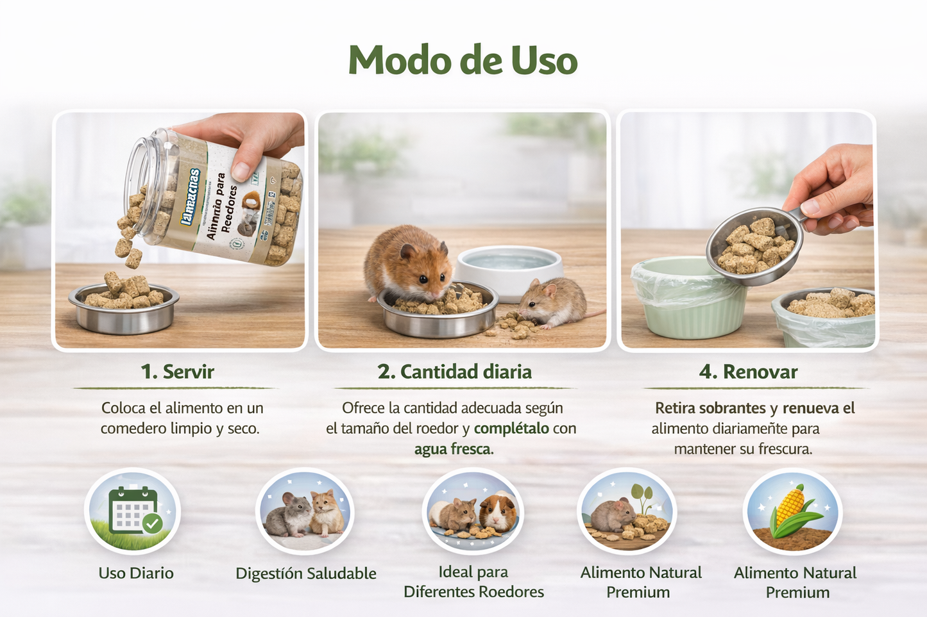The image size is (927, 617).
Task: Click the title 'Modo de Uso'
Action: [x=463, y=61]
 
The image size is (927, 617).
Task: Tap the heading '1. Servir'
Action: [x=177, y=372]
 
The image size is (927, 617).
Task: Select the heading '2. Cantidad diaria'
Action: [x=454, y=372]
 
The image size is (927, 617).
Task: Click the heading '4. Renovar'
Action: [x=748, y=372]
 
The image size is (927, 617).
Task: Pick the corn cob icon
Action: [x=792, y=511]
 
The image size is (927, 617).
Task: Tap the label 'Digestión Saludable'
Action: [x=305, y=573]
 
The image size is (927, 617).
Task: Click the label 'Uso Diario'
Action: [x=136, y=573]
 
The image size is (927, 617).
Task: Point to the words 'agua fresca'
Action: [x=453, y=449]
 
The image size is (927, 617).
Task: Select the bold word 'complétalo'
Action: [x=511, y=428]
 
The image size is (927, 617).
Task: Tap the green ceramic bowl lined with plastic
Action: [x=687, y=301]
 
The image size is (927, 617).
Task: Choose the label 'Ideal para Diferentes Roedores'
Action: [x=473, y=582]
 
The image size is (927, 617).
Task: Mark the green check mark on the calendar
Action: [x=153, y=523]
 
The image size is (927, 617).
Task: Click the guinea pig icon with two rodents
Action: [x=473, y=513]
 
